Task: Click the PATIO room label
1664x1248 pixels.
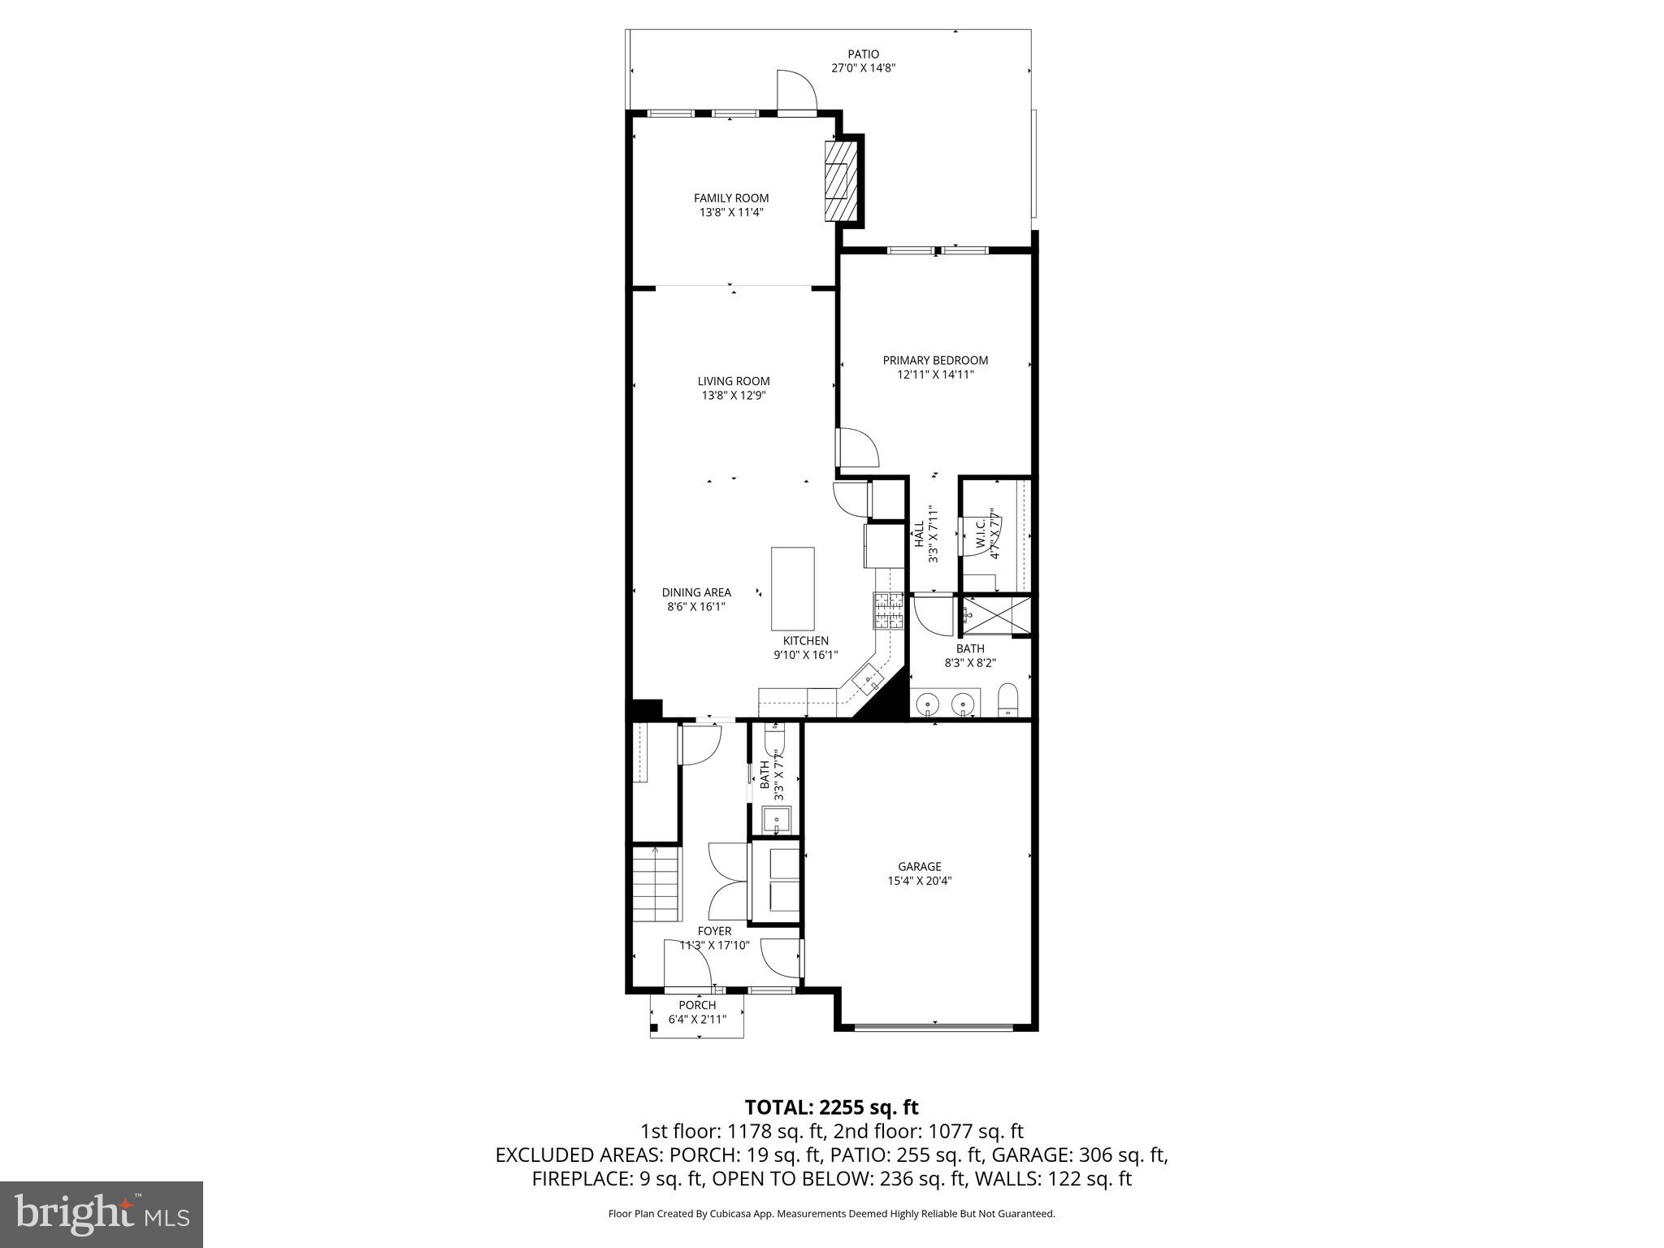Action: coord(863,54)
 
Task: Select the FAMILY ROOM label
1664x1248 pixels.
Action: coord(730,198)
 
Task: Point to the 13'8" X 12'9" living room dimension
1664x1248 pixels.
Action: coord(733,396)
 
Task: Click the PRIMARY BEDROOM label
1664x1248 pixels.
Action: coord(935,360)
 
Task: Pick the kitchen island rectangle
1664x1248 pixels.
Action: coord(792,588)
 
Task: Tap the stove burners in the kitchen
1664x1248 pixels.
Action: coord(888,610)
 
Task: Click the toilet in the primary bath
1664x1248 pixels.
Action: coord(1007,700)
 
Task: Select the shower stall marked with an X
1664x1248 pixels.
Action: coord(996,614)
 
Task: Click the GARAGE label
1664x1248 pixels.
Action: coord(919,866)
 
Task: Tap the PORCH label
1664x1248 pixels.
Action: coord(697,1005)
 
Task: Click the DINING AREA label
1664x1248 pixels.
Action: coord(695,592)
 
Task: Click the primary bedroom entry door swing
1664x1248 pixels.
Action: coord(857,448)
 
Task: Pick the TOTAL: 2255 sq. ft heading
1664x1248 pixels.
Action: coord(831,1107)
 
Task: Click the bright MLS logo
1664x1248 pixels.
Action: coord(102,1215)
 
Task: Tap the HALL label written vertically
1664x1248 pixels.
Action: coord(919,534)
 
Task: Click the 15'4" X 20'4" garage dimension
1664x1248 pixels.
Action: coord(919,881)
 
